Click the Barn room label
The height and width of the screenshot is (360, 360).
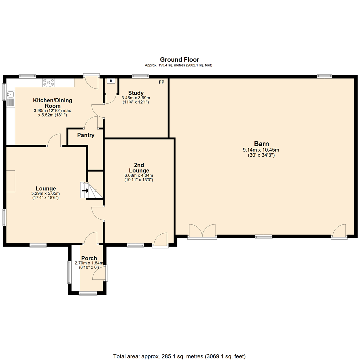click(x=262, y=144)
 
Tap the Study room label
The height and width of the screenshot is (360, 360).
click(x=136, y=93)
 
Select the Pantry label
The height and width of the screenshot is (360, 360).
click(x=86, y=135)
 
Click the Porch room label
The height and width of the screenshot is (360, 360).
click(x=89, y=258)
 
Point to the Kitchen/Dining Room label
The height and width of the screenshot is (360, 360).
click(x=52, y=103)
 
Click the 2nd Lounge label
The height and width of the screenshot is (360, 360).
click(x=139, y=168)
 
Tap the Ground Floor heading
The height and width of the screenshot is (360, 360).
click(x=179, y=60)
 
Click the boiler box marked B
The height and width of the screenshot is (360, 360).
click(x=111, y=81)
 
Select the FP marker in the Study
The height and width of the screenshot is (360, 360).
click(x=161, y=82)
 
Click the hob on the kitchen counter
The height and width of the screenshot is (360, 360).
click(x=49, y=82)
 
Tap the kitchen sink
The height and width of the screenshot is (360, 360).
click(x=10, y=95)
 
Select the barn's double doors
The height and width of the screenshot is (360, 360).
click(x=202, y=231)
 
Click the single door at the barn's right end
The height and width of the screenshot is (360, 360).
click(x=339, y=231)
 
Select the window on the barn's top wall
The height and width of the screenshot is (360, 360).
click(x=324, y=76)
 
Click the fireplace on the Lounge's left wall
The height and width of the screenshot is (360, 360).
click(x=10, y=181)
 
